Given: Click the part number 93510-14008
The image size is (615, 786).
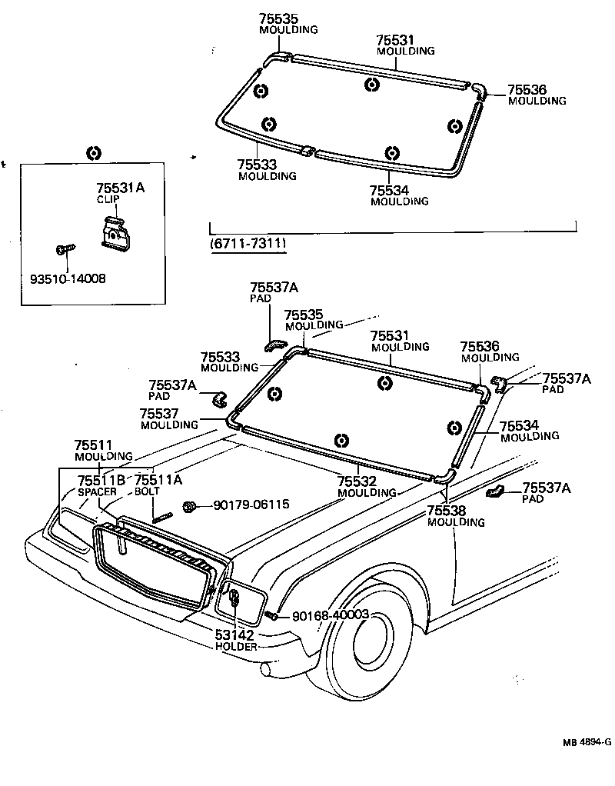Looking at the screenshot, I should pyautogui.click(x=64, y=278).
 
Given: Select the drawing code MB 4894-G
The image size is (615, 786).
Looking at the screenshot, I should pyautogui.click(x=586, y=741).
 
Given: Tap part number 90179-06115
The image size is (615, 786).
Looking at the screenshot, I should pyautogui.click(x=251, y=505).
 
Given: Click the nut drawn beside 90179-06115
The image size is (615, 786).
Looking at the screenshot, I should pyautogui.click(x=189, y=506).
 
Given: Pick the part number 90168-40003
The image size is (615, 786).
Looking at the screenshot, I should pyautogui.click(x=331, y=615).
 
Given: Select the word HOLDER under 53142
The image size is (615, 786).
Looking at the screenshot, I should pyautogui.click(x=237, y=647).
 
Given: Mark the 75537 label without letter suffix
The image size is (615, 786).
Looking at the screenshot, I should pyautogui.click(x=159, y=413).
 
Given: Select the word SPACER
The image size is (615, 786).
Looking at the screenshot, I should pyautogui.click(x=95, y=491).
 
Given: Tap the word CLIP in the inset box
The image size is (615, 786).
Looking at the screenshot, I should pyautogui.click(x=108, y=199).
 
